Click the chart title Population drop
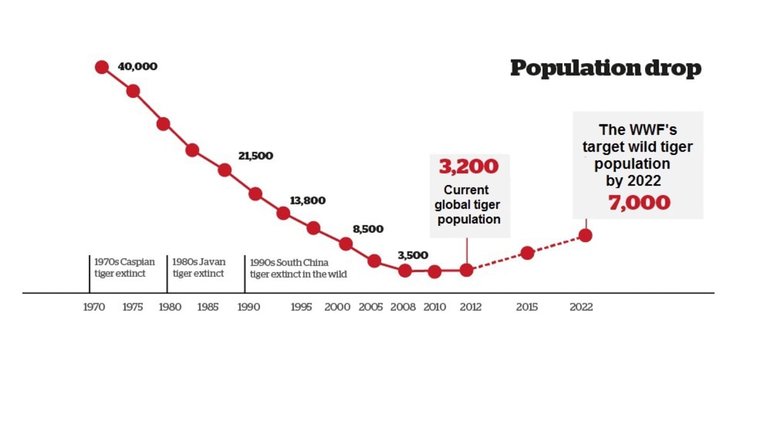605,68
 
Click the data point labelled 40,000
102,67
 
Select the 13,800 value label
307,200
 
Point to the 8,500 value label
368,229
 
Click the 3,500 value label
412,255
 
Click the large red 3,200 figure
468,167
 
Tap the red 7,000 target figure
639,203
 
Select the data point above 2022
585,235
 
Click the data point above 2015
527,253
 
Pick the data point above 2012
466,270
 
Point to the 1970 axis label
94,307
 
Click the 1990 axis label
249,307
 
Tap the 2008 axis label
403,307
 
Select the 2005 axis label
370,307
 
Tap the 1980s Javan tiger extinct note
199,268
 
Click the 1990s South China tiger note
297,268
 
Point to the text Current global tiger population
467,205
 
